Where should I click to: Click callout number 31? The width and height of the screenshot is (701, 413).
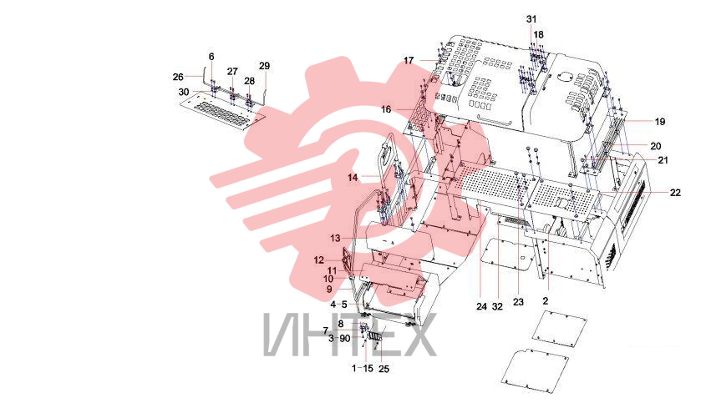click(x=531, y=19)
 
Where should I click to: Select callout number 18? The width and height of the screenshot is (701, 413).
click(x=539, y=35)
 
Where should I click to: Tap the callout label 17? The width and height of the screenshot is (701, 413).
click(x=409, y=60)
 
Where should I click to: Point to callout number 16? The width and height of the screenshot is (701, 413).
click(x=386, y=109)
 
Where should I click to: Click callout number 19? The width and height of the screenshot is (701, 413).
click(x=660, y=122)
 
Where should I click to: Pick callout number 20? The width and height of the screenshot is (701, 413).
click(x=656, y=146)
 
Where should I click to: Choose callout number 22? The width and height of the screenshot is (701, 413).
click(x=675, y=193)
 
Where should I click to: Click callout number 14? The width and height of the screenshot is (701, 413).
click(x=353, y=178)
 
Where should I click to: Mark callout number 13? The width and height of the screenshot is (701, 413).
click(x=335, y=239)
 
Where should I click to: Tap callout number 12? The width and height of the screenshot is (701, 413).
click(x=319, y=259)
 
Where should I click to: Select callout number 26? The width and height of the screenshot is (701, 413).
click(x=178, y=78)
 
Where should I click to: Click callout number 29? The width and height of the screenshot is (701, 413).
click(x=265, y=66)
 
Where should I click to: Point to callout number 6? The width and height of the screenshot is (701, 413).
click(x=211, y=57)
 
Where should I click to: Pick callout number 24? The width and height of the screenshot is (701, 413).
click(x=481, y=307)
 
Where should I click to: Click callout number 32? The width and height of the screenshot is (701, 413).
click(x=498, y=307)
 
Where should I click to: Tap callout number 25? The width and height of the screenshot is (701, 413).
click(x=384, y=370)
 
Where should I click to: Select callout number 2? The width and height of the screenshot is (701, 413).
click(x=546, y=301)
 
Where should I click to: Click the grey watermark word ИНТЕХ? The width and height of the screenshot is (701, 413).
click(x=349, y=335)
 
